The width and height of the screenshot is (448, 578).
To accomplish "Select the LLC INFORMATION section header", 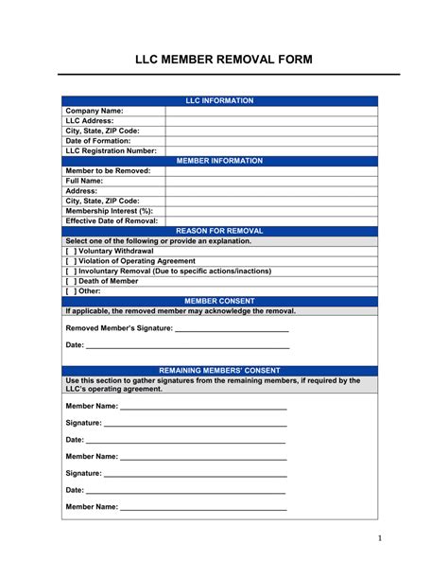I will coord(219,100).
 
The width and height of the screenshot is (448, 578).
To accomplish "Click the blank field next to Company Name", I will coord(271,111).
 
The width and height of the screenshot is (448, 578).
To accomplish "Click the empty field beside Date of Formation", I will coord(271,141).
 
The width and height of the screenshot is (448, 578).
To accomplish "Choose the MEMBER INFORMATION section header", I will coord(219,161).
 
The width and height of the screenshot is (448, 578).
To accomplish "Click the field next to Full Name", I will coord(271,181).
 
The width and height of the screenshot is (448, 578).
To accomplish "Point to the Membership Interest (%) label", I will coord(109,210).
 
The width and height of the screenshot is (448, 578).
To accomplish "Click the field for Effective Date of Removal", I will coord(271,220).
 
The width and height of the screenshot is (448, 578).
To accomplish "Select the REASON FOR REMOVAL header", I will coord(219,231).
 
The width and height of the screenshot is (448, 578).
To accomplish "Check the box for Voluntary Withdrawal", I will coord(71,251).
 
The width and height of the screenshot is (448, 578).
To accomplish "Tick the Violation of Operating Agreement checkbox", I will coord(71,261).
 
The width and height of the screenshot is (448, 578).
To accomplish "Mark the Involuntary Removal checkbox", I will coord(71,271).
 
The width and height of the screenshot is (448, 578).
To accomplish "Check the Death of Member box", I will coord(71,281).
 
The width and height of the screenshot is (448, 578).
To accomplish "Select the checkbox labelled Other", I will coord(71,290).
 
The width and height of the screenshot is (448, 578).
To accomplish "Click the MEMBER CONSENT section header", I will coord(219,301).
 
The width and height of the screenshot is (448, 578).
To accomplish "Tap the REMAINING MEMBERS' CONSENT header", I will coord(219,371).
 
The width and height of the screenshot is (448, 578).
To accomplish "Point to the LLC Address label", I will coord(90,121).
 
